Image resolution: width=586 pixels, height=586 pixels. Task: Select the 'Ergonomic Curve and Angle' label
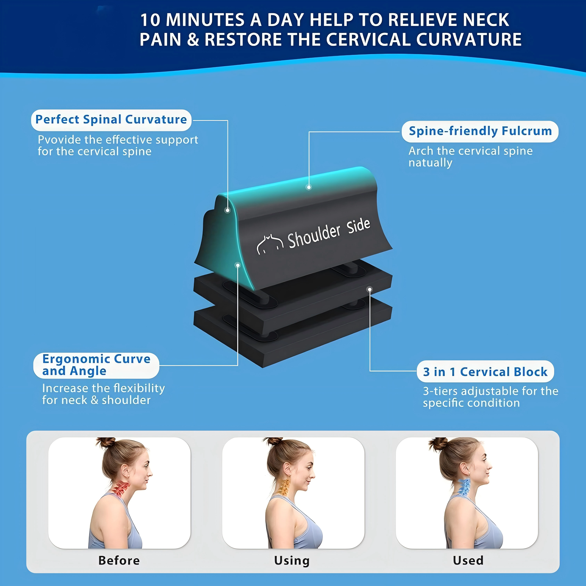[x=96, y=365]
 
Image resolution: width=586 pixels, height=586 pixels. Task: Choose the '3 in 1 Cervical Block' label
[x=485, y=372]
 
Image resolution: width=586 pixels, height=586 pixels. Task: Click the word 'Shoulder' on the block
[x=314, y=236]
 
